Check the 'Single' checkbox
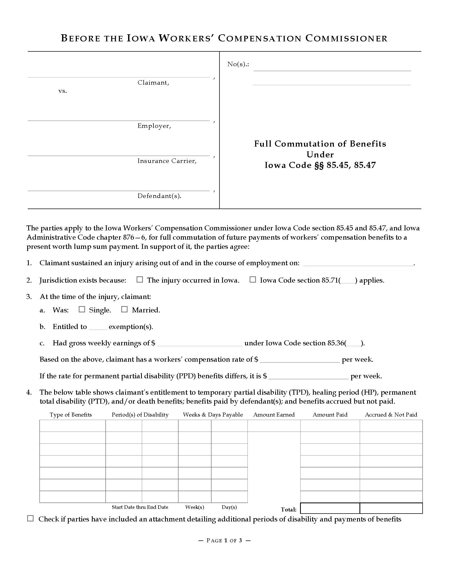coord(82,310)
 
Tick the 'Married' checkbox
coord(124,310)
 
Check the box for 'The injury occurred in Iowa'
coord(140,280)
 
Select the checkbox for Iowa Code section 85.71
coord(252,280)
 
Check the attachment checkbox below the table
coord(30,518)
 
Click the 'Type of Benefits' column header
coord(71,415)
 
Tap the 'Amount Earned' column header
coord(274,415)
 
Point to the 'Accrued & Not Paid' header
coord(391,415)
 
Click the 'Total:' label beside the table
coord(289,509)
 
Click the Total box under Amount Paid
coord(330,508)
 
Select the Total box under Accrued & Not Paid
coord(391,508)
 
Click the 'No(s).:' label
coord(238,64)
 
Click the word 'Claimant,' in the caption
coord(153,83)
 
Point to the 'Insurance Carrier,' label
coord(167,161)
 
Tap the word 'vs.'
coord(63,91)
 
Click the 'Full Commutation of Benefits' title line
coord(320,144)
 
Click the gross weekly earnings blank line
coord(200,344)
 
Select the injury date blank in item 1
coord(358,263)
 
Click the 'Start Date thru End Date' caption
coord(140,507)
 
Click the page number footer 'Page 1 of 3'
coord(224,540)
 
